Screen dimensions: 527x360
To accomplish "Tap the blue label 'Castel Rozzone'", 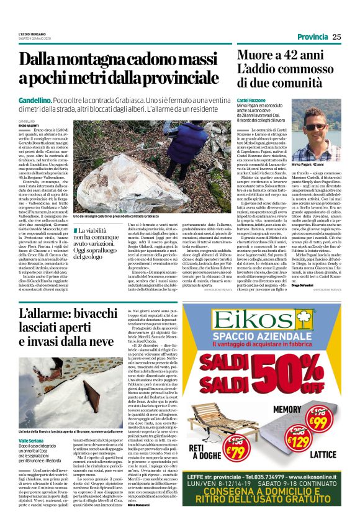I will [251, 100].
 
